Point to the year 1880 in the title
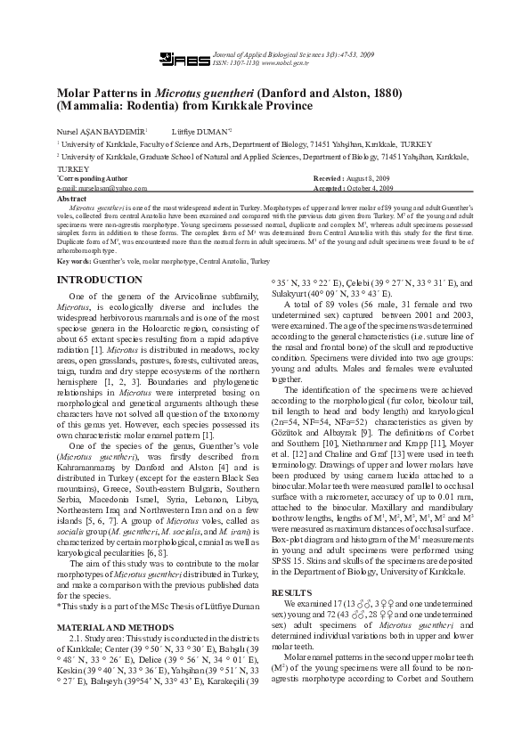click(x=379, y=93)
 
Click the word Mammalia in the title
click(x=89, y=106)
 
